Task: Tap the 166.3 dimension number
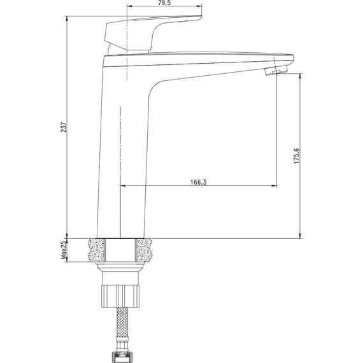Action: click(197, 182)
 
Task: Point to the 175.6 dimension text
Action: click(297, 157)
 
